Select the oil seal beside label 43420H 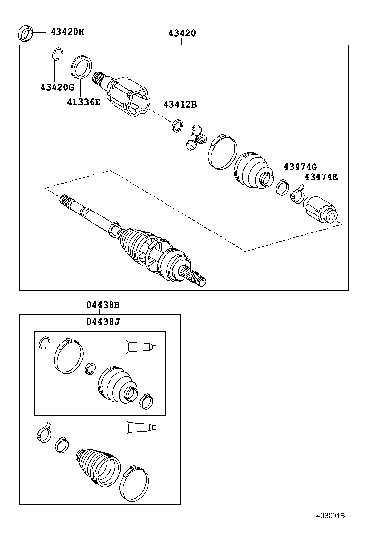(26, 33)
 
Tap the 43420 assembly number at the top (182, 33)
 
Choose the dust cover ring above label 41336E (81, 67)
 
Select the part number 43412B (180, 104)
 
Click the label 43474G (300, 167)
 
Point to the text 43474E (321, 177)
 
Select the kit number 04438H (103, 305)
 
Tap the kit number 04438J (103, 322)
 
